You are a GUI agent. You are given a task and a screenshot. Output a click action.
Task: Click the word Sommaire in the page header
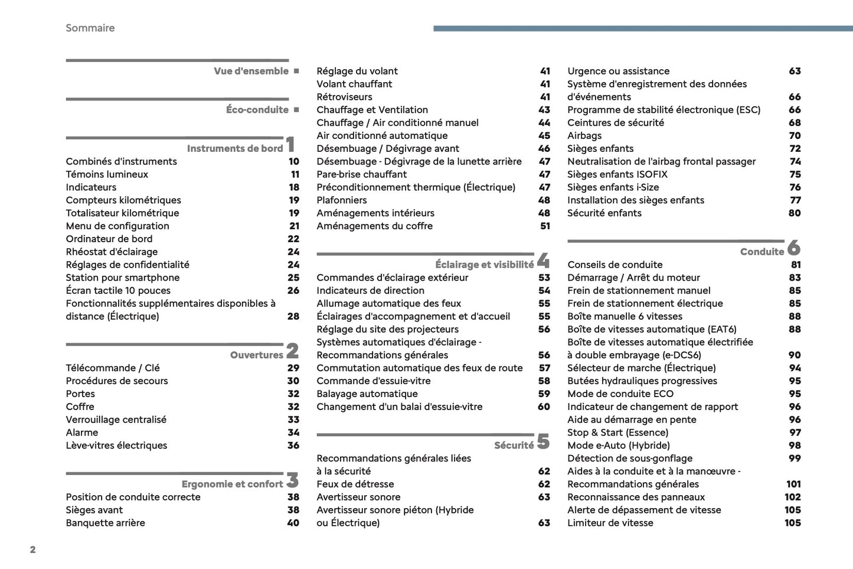coord(90,28)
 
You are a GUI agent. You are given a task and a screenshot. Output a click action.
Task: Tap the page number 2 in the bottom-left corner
coord(32,550)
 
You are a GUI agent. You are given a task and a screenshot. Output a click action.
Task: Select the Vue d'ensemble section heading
coord(251,71)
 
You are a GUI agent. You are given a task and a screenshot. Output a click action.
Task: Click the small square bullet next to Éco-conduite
coord(296,110)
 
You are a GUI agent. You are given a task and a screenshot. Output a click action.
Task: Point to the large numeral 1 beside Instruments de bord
coord(290,144)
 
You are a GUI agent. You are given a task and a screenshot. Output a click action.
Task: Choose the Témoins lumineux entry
coord(107,174)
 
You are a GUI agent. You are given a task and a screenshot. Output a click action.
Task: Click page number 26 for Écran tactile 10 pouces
coord(293,291)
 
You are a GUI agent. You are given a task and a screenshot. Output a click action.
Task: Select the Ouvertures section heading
coord(256,355)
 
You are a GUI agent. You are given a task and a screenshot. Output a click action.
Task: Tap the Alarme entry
coord(82,433)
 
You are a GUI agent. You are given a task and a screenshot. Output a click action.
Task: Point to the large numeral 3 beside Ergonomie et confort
coord(292,480)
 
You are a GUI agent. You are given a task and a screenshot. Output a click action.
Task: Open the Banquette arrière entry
coord(105,523)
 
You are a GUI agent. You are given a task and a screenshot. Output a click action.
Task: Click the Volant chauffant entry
coord(354,84)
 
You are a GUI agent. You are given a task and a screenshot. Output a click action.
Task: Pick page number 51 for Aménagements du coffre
coord(545,226)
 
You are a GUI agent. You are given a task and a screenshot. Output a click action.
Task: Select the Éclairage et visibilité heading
coord(484,265)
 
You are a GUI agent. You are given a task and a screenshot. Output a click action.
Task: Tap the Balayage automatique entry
coord(367,394)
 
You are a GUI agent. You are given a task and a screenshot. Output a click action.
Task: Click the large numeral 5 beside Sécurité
coord(543,442)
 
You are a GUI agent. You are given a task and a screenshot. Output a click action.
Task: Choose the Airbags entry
coord(584,136)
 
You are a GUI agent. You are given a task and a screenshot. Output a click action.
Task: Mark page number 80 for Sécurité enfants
coord(795,213)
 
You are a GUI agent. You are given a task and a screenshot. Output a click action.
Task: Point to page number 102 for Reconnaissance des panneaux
coord(792,498)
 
